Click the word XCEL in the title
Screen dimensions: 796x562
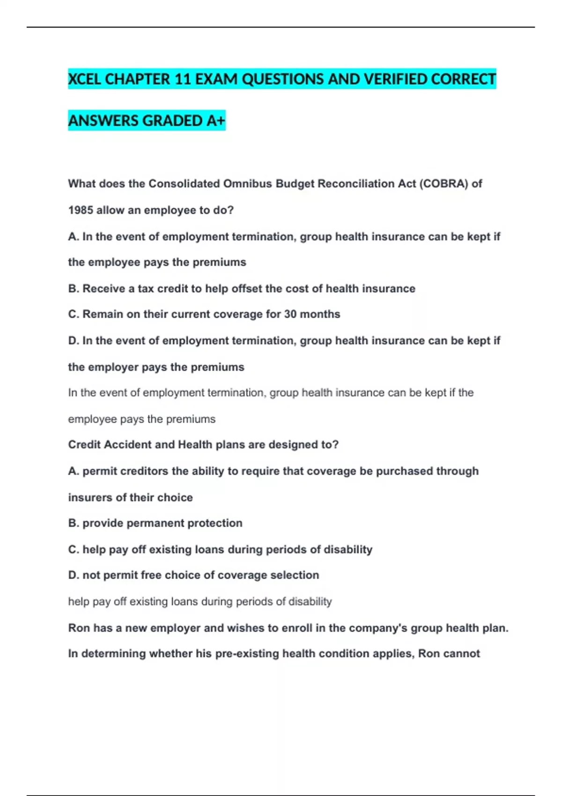click(85, 79)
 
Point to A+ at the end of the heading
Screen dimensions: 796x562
click(216, 121)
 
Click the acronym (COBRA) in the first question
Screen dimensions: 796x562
click(444, 184)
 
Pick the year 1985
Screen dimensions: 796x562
click(81, 210)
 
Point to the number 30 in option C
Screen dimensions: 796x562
click(290, 314)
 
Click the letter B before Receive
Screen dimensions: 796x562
click(74, 288)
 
